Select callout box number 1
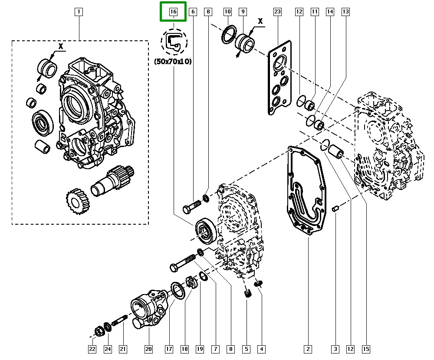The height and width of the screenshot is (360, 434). pos(79,12)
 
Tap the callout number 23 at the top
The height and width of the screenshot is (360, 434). pos(278,12)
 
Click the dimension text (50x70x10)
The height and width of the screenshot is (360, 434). pos(173,62)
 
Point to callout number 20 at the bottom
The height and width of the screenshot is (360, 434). pos(149,349)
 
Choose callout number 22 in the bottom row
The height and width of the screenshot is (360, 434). pos(92,349)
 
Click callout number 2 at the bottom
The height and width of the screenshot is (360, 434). pos(308,349)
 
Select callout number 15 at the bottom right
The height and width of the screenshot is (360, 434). pos(366,349)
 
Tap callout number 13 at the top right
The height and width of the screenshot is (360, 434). pos(345,12)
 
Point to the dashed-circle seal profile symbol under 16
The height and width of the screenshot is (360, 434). pos(174,41)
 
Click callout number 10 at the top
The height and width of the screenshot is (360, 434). pos(227,12)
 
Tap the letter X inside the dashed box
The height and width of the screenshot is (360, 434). pos(61,46)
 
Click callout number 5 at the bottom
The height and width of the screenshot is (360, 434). pos(246,349)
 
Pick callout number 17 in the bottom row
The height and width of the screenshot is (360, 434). pos(169,349)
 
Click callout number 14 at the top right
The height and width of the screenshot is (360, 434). pos(330,12)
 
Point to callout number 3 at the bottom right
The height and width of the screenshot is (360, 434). pos(335,349)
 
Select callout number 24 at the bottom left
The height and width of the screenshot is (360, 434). pos(107,349)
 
